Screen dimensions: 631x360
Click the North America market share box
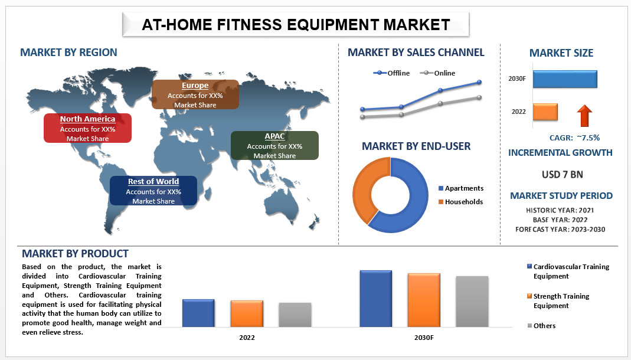[87, 128]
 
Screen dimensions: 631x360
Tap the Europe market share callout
[195, 94]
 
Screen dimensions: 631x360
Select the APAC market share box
[274, 145]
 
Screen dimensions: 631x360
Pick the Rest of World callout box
[153, 191]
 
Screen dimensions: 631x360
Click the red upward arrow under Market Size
[584, 116]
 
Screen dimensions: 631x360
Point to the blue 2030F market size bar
[565, 79]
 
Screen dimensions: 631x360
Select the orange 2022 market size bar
[545, 112]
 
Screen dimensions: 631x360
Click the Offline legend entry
[391, 73]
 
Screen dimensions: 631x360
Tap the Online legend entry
[437, 73]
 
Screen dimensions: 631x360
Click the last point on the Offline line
[479, 82]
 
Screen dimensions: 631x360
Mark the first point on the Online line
[362, 117]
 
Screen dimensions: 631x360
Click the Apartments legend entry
[461, 188]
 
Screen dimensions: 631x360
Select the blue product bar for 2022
[198, 313]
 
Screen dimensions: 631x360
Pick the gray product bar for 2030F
[472, 302]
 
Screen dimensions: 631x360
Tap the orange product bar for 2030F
[424, 300]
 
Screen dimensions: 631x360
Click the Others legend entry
[541, 325]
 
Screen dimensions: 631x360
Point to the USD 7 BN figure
[562, 175]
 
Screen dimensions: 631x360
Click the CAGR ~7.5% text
[574, 138]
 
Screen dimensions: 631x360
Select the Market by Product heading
[75, 253]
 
